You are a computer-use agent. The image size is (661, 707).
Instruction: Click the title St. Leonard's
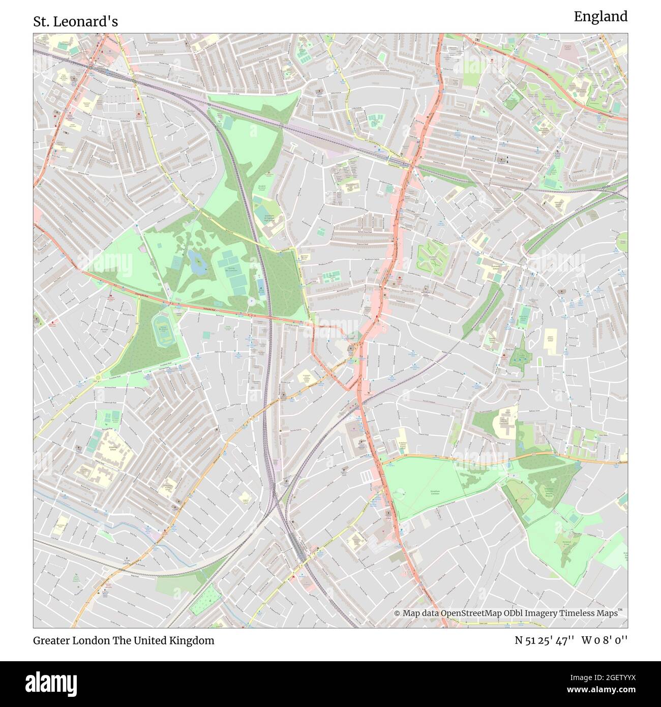pyautogui.click(x=76, y=21)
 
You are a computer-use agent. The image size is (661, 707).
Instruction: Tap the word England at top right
pyautogui.click(x=600, y=17)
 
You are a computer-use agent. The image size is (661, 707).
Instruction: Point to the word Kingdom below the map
pyautogui.click(x=191, y=640)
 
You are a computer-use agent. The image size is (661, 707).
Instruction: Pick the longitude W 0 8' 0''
pyautogui.click(x=605, y=640)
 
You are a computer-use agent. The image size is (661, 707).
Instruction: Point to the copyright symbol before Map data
pyautogui.click(x=398, y=613)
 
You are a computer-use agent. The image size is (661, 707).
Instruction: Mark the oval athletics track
pyautogui.click(x=164, y=327)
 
